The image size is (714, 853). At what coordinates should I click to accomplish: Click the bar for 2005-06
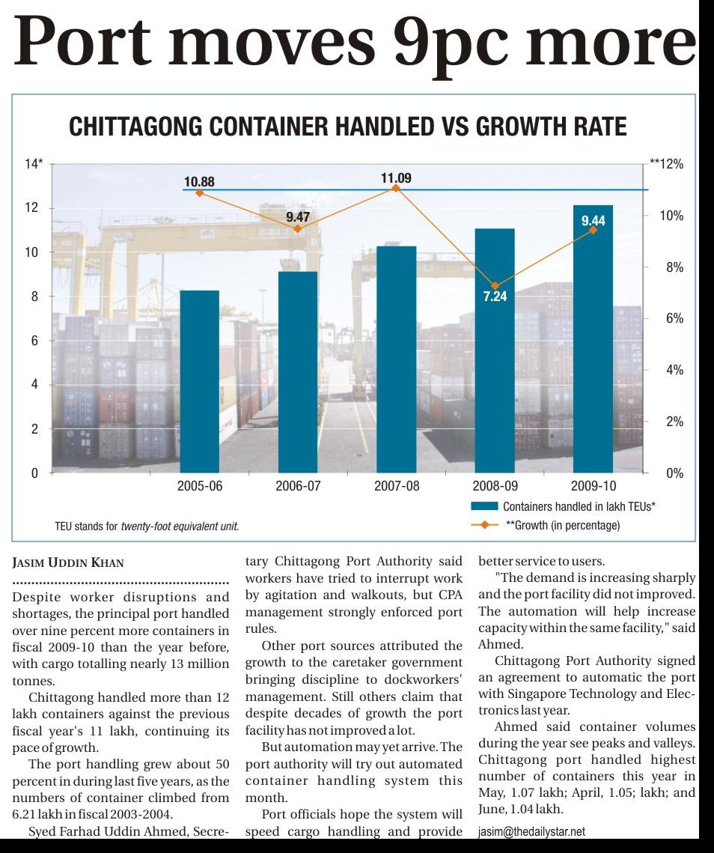coord(199,381)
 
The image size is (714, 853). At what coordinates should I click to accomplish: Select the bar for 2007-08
coord(396,359)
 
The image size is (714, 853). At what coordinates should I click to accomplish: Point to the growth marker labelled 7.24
coord(495,286)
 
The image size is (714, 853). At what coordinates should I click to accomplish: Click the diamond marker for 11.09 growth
coord(396,188)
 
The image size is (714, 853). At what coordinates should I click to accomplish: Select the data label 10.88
coord(199,181)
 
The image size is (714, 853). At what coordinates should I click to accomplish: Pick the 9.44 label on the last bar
coord(593,221)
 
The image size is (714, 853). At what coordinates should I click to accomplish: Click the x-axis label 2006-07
coord(298,486)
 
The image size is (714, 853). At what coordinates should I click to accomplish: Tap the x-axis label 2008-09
coord(495,486)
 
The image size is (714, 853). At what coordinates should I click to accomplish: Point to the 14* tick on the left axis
coord(34,164)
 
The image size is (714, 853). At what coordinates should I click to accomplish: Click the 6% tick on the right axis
coord(674,319)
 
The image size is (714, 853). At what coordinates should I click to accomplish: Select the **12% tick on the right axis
coord(667,164)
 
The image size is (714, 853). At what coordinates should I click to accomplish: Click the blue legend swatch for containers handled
coord(484,507)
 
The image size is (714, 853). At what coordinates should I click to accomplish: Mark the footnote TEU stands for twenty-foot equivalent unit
coord(147,526)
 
